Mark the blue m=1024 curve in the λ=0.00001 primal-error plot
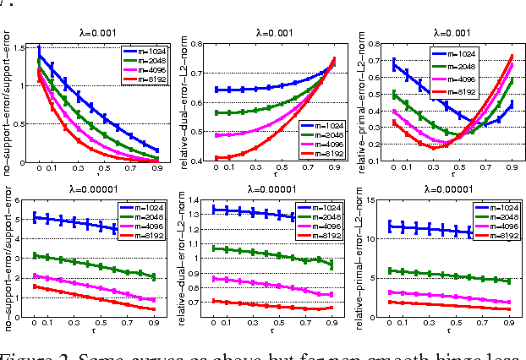[x=423, y=228]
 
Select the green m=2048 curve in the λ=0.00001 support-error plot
[x=85, y=262]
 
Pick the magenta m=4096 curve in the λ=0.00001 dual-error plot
[x=262, y=286]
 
